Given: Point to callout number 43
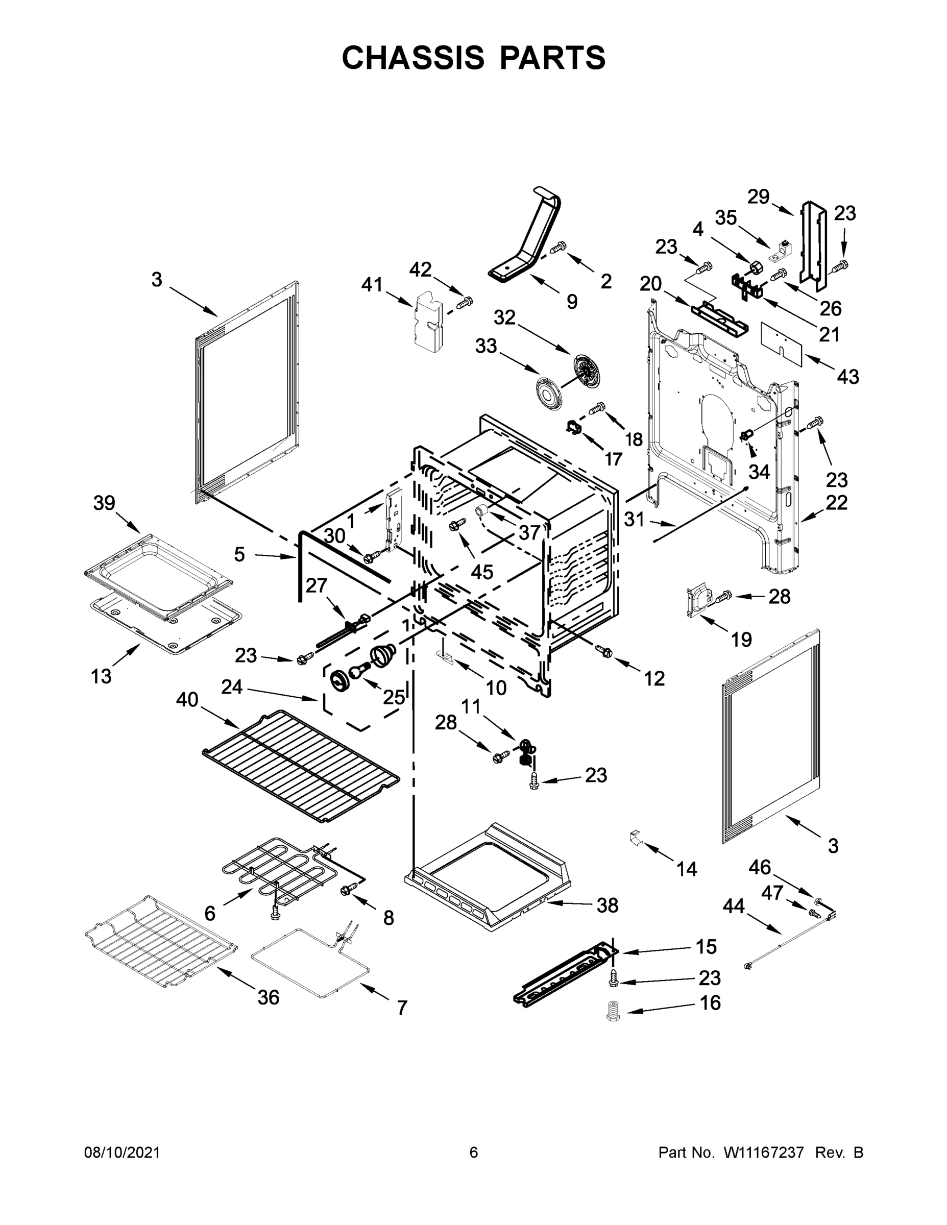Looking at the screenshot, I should click(x=847, y=376).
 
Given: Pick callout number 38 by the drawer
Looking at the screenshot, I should click(x=607, y=905).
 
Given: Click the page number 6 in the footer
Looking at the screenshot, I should click(x=474, y=1152).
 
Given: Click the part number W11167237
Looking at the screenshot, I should click(x=764, y=1152).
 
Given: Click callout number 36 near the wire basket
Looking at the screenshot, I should click(x=268, y=997).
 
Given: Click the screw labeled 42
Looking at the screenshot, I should click(x=465, y=302).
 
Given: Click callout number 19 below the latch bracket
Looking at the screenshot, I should click(x=741, y=639).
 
